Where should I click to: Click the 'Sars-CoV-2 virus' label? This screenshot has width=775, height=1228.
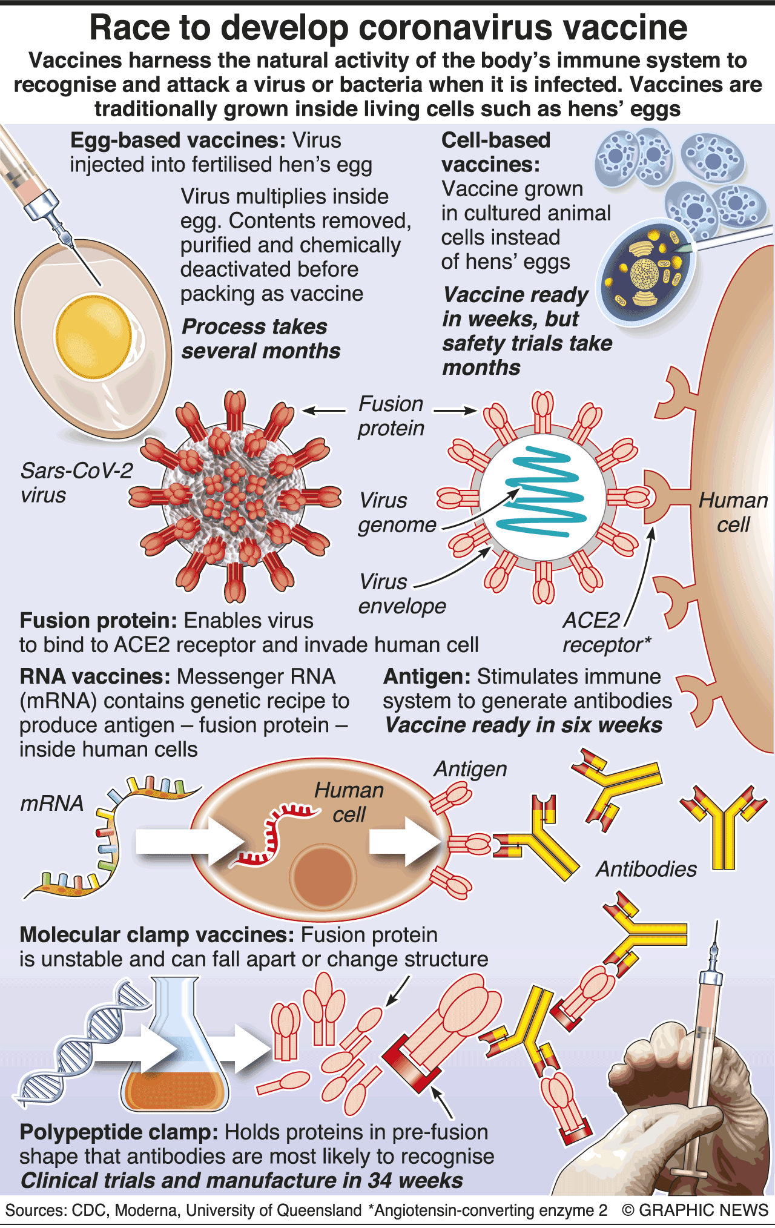click(x=76, y=483)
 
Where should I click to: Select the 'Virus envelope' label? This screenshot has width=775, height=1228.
click(x=401, y=594)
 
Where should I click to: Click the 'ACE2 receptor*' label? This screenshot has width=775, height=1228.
click(x=605, y=633)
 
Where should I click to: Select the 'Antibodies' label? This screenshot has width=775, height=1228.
click(x=647, y=869)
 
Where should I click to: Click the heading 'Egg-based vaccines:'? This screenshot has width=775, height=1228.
click(x=177, y=140)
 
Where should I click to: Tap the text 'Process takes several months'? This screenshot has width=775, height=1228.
click(x=260, y=338)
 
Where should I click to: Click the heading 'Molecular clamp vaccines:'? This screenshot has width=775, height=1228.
click(x=157, y=935)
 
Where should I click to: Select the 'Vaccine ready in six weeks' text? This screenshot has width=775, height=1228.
click(x=523, y=725)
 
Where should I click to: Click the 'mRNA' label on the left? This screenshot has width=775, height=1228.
click(x=51, y=803)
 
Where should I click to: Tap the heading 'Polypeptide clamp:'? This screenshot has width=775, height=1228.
click(x=119, y=1132)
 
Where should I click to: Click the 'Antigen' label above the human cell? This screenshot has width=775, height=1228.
click(x=470, y=769)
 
